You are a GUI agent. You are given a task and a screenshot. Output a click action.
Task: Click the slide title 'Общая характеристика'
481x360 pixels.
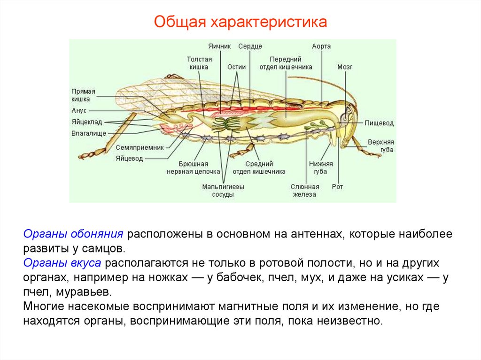[x=240, y=22]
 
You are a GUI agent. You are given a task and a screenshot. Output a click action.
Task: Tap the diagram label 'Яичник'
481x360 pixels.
[x=219, y=46]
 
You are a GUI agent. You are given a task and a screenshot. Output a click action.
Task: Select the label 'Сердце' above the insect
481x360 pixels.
[x=250, y=46]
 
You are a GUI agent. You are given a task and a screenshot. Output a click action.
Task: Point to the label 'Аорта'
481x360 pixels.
[x=321, y=46]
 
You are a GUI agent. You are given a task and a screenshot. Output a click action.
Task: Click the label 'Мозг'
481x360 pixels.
[x=344, y=67]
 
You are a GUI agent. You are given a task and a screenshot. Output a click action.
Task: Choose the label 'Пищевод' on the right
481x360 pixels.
[x=379, y=123]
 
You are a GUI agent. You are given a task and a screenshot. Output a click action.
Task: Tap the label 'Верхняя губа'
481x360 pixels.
[x=381, y=146]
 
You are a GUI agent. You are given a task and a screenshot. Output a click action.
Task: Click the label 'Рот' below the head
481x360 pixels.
[x=337, y=187]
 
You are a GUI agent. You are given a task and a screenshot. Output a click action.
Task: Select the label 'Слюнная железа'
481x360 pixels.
[x=304, y=191]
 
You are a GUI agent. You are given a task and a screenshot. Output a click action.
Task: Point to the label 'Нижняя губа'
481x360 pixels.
[x=321, y=168]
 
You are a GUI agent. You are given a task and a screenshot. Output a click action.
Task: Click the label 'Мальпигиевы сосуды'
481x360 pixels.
[x=223, y=191]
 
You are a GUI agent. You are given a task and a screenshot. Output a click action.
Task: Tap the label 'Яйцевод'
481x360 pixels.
[x=129, y=158]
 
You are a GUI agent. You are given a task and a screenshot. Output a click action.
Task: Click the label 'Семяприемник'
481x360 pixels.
[x=140, y=147]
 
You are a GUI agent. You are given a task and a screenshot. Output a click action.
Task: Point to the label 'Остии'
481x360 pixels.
[x=237, y=67]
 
